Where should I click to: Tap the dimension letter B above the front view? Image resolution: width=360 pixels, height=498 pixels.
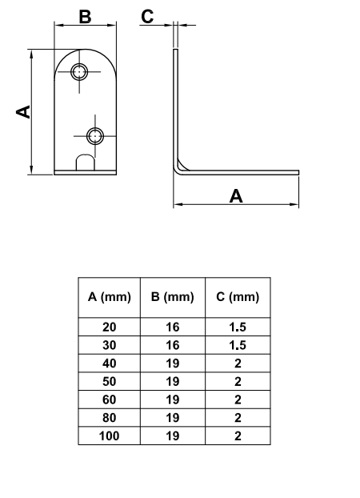point(85,17)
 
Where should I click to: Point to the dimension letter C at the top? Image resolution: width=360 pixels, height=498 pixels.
point(147,17)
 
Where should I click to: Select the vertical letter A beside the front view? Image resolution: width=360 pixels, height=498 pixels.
point(23,112)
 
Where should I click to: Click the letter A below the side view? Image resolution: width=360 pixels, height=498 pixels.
point(236,196)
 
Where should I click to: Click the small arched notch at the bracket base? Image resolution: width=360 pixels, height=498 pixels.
point(86,163)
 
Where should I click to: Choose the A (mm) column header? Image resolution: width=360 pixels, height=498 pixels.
point(110,297)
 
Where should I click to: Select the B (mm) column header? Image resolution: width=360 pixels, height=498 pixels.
point(172,297)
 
